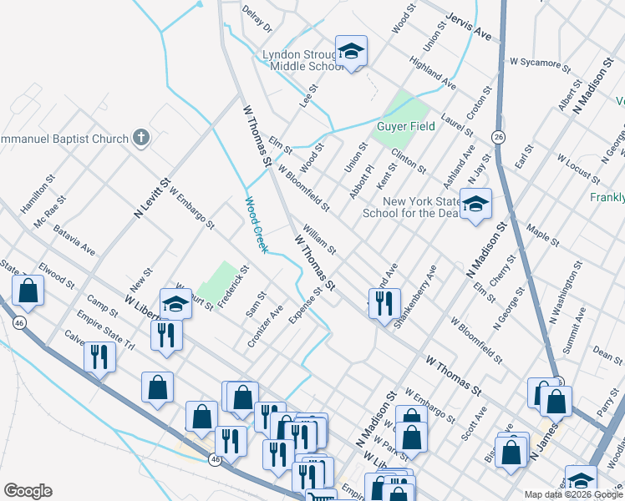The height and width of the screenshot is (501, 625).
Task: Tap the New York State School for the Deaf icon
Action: pyautogui.click(x=475, y=204)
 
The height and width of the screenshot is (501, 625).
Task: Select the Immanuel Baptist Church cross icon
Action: pyautogui.click(x=141, y=138)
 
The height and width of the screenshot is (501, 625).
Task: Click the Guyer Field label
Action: pyautogui.click(x=406, y=126)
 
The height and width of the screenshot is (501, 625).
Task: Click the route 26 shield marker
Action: pyautogui.click(x=498, y=136)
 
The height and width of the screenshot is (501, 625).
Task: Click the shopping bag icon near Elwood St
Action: pyautogui.click(x=28, y=291)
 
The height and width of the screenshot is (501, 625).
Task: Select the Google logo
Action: pyautogui.click(x=27, y=490)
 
